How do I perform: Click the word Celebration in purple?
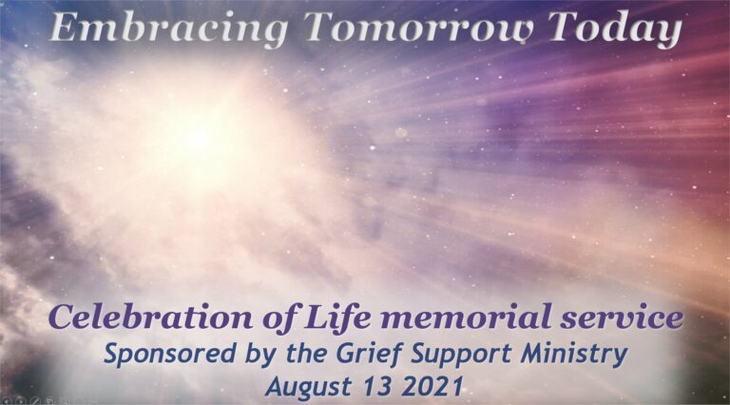tap(150, 317)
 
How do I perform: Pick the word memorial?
tap(468, 317)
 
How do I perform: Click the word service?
tap(622, 318)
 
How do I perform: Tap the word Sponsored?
tap(170, 355)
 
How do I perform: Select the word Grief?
tap(370, 355)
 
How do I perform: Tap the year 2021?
tap(433, 386)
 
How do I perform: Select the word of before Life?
tap(279, 318)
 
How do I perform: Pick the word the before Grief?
tap(307, 354)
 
